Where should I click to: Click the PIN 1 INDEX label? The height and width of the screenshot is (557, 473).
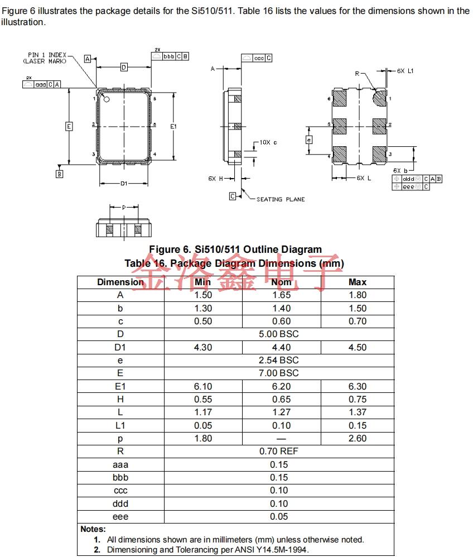(47, 55)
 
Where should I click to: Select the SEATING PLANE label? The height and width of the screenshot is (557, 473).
(281, 199)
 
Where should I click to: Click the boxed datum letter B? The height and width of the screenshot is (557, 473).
(59, 174)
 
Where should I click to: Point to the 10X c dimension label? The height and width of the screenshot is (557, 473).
(268, 142)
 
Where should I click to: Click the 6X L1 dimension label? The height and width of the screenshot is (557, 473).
(406, 71)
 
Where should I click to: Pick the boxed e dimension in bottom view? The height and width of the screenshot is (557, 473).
(309, 140)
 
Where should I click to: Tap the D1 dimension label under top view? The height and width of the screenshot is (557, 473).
(124, 183)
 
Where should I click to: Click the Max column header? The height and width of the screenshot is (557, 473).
(358, 282)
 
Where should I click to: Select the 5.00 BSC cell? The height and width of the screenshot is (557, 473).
(279, 334)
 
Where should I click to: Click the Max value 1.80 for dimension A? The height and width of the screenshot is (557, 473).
(358, 295)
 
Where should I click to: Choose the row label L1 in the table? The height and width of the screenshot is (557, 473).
(120, 425)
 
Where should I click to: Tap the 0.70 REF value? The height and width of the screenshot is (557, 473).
(279, 451)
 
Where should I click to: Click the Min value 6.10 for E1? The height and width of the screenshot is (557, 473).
(203, 386)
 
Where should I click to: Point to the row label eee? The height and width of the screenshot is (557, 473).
(120, 516)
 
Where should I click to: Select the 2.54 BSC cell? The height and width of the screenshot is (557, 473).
(279, 360)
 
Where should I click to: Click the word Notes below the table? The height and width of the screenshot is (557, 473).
(93, 529)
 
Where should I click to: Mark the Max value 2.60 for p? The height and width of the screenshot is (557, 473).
(358, 438)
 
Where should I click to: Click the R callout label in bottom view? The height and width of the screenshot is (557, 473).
(358, 74)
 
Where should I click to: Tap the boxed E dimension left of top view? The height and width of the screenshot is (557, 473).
(69, 126)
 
